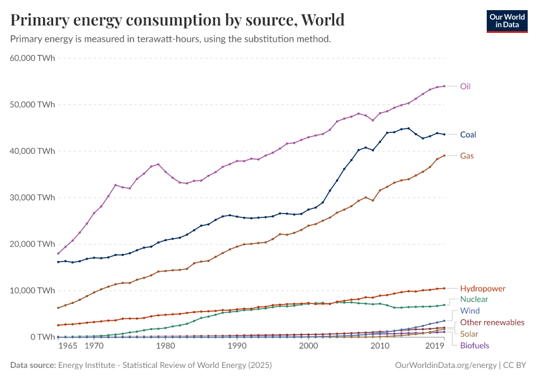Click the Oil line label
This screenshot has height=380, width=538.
(465, 86)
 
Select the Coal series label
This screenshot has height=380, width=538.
(468, 134)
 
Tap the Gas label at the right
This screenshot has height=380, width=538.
(466, 156)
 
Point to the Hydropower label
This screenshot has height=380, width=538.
(482, 288)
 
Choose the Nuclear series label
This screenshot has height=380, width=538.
(474, 299)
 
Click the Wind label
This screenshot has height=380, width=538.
(470, 311)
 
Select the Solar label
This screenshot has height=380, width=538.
(469, 334)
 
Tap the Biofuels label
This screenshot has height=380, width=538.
(474, 345)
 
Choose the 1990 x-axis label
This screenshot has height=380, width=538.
(237, 346)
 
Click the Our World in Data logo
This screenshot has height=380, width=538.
(506, 21)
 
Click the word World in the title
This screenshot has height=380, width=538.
(322, 20)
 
